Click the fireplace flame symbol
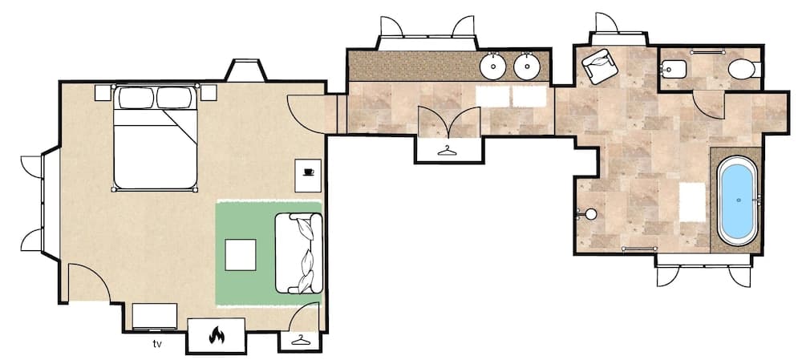[217, 336]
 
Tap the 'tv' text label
[157, 344]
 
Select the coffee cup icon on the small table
[308, 172]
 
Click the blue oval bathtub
[736, 200]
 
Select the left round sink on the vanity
[493, 65]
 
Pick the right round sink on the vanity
[527, 65]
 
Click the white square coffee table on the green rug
[241, 256]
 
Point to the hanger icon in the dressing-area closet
[447, 149]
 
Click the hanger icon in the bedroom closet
[300, 341]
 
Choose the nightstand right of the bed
[209, 92]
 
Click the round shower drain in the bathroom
[591, 214]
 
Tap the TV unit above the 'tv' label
[155, 317]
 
